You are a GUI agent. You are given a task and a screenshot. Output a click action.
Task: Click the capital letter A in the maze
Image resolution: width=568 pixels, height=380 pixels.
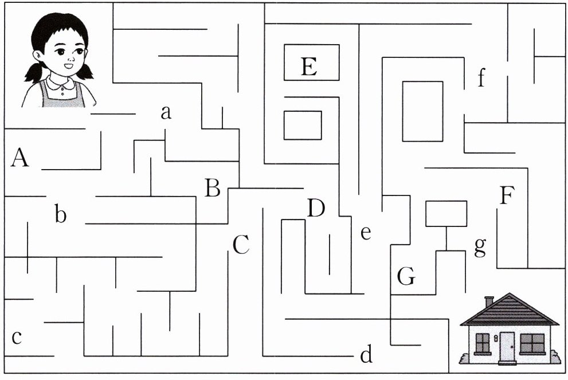click(19, 158)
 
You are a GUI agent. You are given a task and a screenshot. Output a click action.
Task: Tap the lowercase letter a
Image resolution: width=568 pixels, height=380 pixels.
click(166, 113)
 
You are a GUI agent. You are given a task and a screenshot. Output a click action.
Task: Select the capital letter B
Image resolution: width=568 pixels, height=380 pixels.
click(213, 188)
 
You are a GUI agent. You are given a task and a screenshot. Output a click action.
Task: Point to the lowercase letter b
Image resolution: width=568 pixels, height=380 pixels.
click(61, 215)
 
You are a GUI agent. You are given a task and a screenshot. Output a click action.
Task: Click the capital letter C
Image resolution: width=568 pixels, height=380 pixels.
click(241, 245)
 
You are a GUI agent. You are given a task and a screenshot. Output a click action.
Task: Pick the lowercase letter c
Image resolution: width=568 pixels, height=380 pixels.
click(17, 337)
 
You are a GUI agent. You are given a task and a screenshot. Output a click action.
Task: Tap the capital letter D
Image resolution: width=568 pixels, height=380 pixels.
click(316, 209)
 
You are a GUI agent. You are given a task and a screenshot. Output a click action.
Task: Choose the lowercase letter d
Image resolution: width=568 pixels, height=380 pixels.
click(366, 355)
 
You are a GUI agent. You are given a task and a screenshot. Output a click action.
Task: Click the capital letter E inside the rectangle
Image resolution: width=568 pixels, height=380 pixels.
click(309, 67)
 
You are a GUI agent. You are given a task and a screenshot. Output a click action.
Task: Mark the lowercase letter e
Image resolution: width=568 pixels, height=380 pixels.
click(366, 233)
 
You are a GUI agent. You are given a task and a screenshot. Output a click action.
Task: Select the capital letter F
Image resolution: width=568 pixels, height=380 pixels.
click(506, 196)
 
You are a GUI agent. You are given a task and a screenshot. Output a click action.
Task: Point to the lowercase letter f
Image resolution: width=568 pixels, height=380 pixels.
click(481, 77)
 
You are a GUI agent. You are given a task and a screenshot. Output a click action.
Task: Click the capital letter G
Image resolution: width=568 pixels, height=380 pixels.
click(406, 277)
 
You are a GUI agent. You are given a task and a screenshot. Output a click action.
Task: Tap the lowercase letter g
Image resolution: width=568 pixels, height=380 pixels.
click(480, 246)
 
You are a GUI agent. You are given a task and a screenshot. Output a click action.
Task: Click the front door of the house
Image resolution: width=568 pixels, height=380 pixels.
click(507, 347)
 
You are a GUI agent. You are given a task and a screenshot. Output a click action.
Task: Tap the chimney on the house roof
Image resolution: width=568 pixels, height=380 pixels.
click(489, 301)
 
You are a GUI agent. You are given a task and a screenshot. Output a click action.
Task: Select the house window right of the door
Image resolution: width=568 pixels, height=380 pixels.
click(532, 344)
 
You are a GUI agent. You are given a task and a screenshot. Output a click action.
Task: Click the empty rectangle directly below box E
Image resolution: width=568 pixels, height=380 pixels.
click(303, 125)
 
